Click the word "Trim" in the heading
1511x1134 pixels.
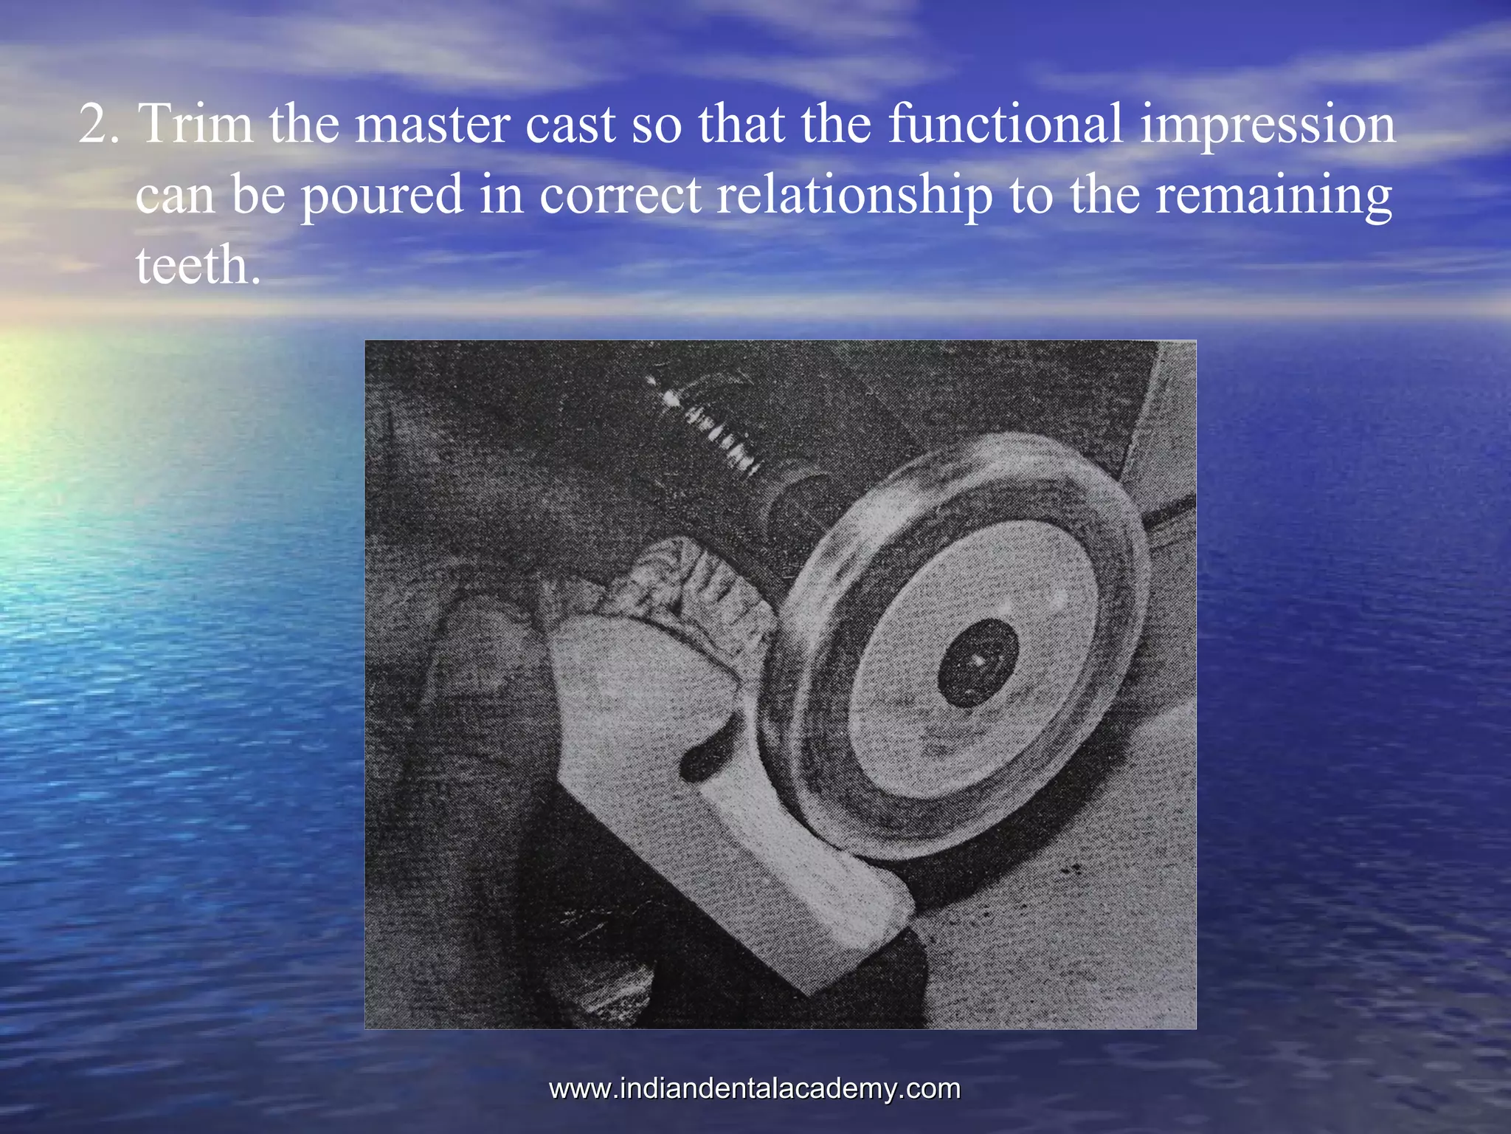[x=196, y=124]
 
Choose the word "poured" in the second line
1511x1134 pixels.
[x=381, y=196]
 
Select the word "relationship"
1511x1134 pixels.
[x=854, y=196]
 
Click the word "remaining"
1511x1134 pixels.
[x=1273, y=196]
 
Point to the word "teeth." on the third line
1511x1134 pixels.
[x=198, y=266]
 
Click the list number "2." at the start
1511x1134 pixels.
[x=99, y=124]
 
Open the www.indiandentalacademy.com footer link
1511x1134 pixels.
[x=755, y=1089]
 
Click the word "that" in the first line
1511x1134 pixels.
[x=741, y=124]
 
